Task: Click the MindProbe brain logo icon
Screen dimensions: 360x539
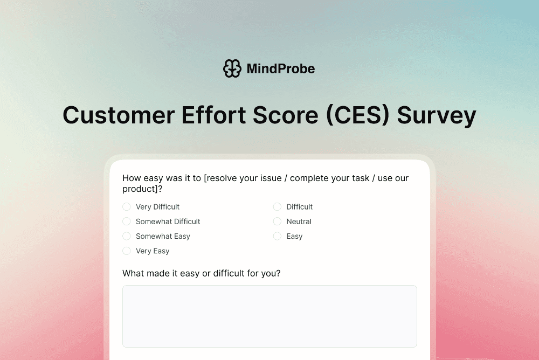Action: [232, 68]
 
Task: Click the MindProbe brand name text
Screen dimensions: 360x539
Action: [280, 68]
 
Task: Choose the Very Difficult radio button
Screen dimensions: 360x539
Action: [127, 207]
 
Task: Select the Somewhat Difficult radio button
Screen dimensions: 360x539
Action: [127, 221]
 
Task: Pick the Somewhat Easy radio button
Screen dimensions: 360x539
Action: [127, 236]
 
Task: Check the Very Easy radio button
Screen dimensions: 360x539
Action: [127, 251]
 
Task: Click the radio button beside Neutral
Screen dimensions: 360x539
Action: [277, 221]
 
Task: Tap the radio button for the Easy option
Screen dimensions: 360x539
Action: [277, 236]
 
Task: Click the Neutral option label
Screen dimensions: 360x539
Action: [299, 221]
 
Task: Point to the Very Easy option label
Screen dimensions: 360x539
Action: [153, 251]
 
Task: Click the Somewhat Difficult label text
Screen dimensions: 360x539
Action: [168, 221]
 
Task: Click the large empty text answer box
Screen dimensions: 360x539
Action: [269, 316]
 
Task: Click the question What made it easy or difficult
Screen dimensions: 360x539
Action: [201, 273]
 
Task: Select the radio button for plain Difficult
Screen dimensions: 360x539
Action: [277, 207]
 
